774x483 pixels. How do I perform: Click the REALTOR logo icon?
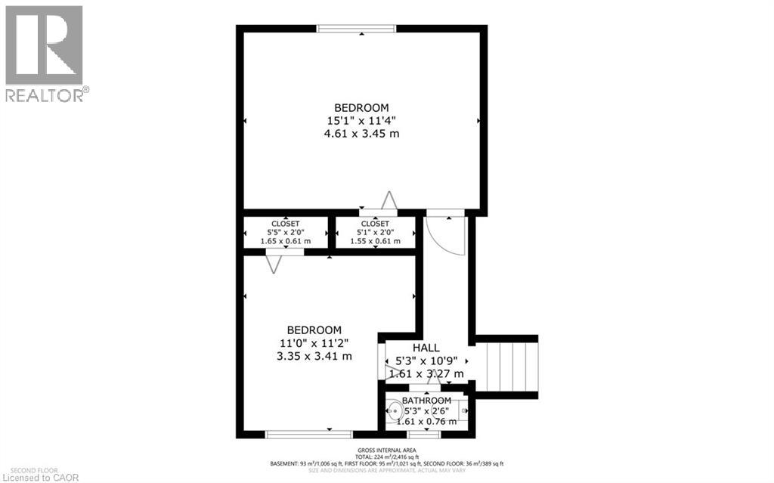click(44, 45)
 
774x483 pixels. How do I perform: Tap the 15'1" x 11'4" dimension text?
click(361, 120)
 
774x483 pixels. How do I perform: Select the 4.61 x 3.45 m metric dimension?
click(361, 134)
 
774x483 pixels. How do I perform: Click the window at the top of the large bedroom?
click(357, 29)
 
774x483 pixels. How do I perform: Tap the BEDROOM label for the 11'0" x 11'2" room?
click(314, 330)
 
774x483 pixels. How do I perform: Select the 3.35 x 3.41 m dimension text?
click(314, 356)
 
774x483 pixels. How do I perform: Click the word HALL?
click(426, 348)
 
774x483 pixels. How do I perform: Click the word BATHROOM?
click(426, 401)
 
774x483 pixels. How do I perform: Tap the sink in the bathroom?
click(394, 412)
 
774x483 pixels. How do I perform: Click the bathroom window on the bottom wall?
click(423, 434)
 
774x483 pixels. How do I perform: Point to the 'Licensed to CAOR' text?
click(35, 476)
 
